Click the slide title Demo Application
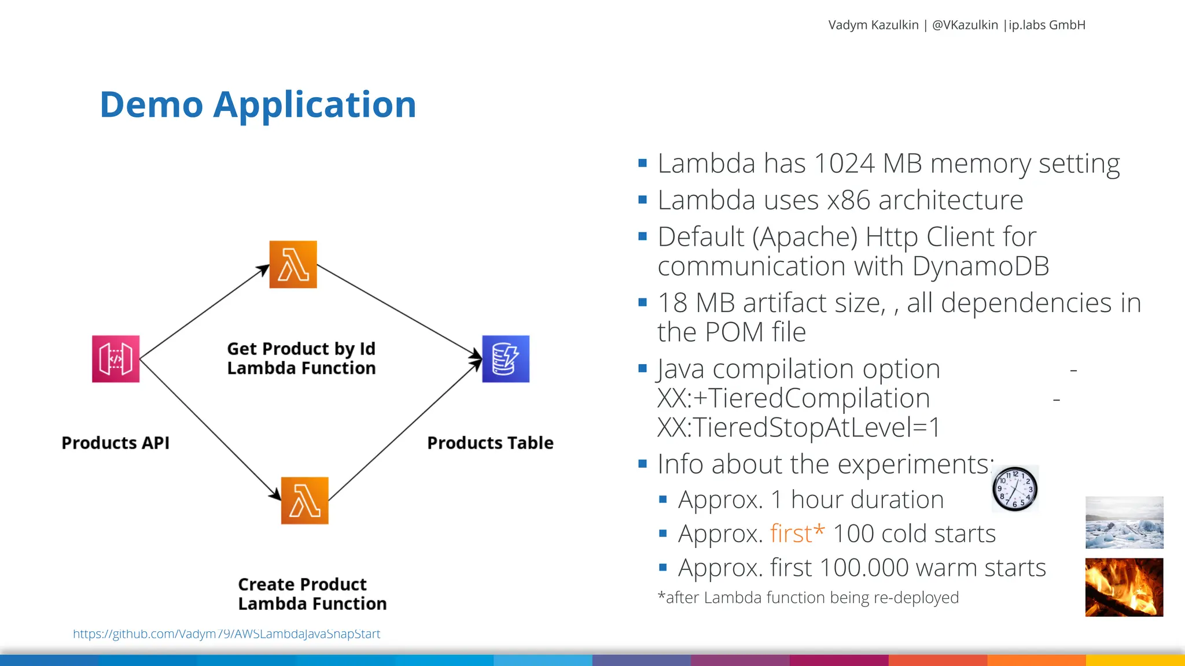point(258,105)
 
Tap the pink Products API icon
point(116,359)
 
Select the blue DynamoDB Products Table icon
point(506,359)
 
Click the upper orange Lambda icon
point(293,265)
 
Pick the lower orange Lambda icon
point(305,501)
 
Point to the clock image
point(1015,489)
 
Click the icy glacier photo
point(1124,523)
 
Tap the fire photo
point(1124,587)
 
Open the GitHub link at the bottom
point(227,634)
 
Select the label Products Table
point(490,443)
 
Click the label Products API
point(116,443)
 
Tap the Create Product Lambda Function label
point(312,594)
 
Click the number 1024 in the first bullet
point(844,164)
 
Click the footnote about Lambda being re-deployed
point(808,598)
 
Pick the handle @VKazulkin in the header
point(965,25)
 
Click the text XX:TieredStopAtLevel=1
point(799,428)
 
